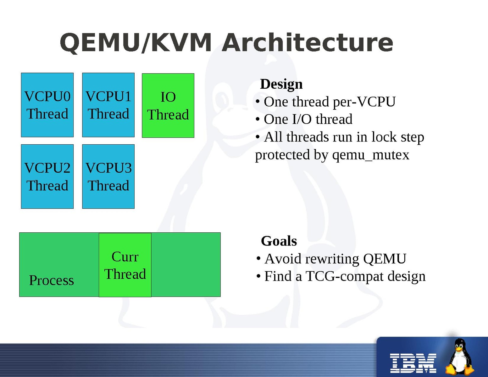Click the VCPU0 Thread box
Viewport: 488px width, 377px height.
47,105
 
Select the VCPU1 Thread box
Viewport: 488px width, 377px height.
108,105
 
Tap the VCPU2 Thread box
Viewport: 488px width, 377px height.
47,176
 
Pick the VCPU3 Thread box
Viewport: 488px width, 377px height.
108,176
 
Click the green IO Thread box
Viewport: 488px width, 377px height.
168,106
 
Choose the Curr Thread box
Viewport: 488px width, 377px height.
125,265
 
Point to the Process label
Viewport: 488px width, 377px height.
51,280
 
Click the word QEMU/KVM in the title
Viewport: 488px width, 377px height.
136,42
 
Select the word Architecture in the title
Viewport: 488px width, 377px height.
307,42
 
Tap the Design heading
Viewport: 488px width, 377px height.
281,84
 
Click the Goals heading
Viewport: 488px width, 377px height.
279,241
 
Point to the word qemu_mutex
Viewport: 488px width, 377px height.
371,155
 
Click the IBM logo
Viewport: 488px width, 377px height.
413,363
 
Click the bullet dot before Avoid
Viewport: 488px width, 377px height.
258,259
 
